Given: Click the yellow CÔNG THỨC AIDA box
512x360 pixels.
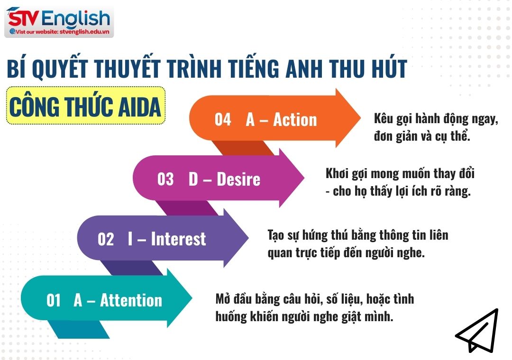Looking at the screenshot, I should [85, 107].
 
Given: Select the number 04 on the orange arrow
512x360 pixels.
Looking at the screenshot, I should [223, 119].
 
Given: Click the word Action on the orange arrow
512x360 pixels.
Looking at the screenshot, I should [295, 119].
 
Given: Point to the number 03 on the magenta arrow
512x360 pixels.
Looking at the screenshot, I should [165, 180].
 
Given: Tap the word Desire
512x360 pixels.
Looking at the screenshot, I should [238, 180].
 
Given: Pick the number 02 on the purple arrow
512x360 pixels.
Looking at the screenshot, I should [106, 239].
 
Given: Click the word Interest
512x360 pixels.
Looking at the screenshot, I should [178, 239].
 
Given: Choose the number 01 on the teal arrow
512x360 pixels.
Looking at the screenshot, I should [54, 300].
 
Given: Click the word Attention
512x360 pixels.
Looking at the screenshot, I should [131, 300].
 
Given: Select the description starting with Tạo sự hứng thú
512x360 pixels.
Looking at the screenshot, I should [358, 243].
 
